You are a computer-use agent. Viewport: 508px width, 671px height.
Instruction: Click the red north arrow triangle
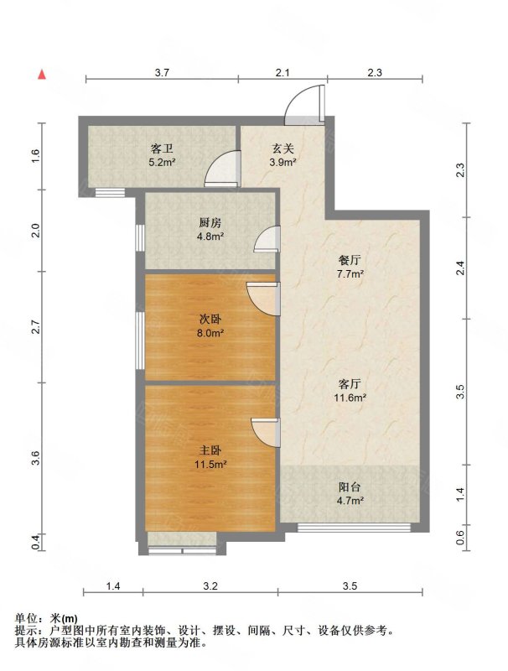point(41,75)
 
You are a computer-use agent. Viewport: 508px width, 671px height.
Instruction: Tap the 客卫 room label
point(162,148)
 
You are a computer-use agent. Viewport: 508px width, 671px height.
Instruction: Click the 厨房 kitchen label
point(210,222)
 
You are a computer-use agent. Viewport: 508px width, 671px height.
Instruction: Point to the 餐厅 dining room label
point(350,260)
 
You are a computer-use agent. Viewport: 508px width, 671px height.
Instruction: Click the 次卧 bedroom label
point(210,320)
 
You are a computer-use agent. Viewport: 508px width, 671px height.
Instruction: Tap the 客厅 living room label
point(350,383)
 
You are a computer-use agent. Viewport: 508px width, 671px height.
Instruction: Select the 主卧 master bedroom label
point(210,450)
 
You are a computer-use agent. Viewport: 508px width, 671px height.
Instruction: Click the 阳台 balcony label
point(350,487)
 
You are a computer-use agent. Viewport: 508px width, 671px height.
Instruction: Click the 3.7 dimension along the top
point(162,73)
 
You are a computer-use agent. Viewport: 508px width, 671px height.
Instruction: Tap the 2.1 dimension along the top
point(283,73)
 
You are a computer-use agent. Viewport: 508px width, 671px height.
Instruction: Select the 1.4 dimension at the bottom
point(113,585)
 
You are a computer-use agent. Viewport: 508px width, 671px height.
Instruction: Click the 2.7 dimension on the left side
point(37,327)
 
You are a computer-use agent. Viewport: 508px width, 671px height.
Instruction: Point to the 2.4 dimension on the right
point(460,268)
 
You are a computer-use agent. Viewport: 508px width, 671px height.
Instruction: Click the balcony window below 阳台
point(354,528)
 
